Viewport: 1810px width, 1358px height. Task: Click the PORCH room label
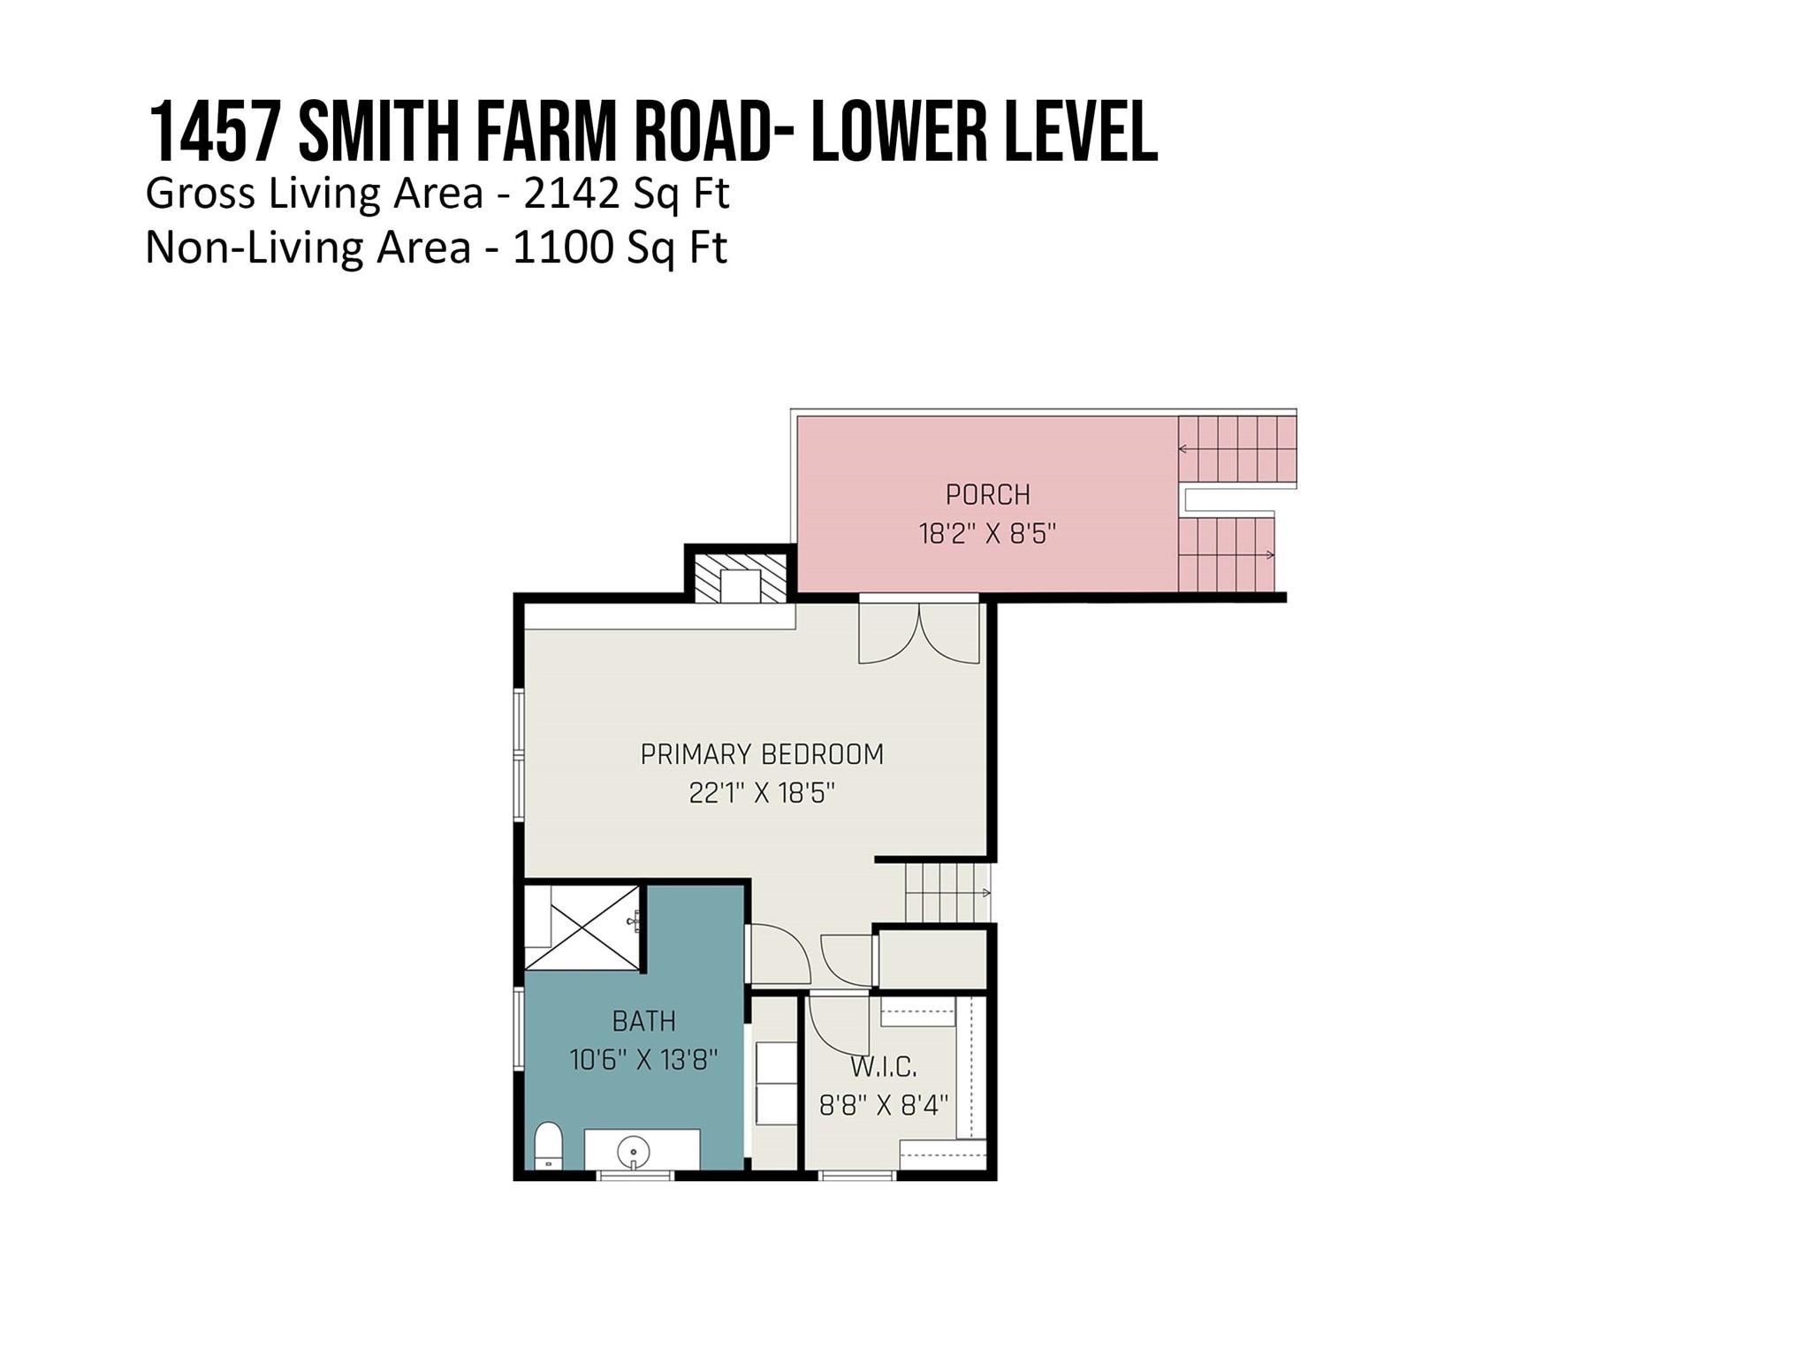click(987, 494)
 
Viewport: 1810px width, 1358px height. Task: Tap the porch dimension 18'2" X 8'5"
click(987, 534)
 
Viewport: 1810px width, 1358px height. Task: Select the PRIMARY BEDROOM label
click(762, 754)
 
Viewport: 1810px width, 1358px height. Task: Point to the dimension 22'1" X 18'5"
click(762, 793)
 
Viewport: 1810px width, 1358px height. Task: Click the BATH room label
click(643, 1021)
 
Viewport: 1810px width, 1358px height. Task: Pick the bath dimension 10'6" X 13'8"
click(643, 1059)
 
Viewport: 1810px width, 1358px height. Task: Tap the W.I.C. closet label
click(883, 1067)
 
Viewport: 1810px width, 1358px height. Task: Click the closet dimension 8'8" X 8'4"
click(883, 1105)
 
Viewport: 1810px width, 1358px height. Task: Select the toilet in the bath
click(549, 1146)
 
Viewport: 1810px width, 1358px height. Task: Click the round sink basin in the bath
click(633, 1153)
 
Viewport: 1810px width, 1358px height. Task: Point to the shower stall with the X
click(583, 927)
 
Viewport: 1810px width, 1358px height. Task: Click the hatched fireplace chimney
click(741, 578)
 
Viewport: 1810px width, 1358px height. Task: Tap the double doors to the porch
click(919, 632)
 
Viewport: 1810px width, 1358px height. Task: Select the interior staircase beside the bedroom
click(947, 893)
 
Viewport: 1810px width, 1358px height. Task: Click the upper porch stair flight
click(1237, 450)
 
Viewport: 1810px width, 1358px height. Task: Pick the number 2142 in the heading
click(572, 194)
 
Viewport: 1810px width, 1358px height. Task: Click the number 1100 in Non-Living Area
click(562, 248)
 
